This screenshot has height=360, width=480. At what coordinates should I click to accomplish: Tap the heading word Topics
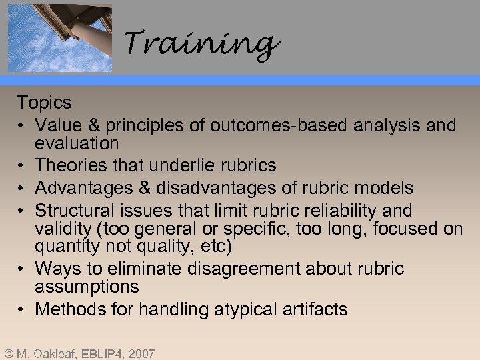coord(44,103)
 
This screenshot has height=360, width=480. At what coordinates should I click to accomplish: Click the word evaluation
coord(77,143)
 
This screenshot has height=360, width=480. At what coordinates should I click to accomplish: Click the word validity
coord(65,229)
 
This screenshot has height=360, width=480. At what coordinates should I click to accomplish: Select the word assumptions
coord(87,287)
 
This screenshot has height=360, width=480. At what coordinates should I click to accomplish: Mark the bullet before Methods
coord(23,309)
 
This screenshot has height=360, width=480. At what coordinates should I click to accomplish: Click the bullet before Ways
coord(23,269)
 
